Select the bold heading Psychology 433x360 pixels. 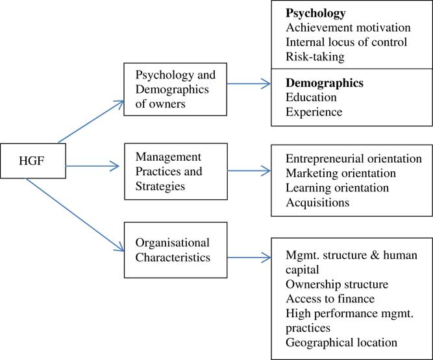pyautogui.click(x=316, y=13)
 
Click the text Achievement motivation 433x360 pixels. pyautogui.click(x=348, y=27)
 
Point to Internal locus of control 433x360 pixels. pyautogui.click(x=347, y=42)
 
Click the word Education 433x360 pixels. pyautogui.click(x=311, y=97)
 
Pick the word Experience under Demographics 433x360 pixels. pyautogui.click(x=314, y=112)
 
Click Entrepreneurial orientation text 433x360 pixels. pyautogui.click(x=353, y=159)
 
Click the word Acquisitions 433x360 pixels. pyautogui.click(x=317, y=202)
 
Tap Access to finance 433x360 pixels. pyautogui.click(x=328, y=298)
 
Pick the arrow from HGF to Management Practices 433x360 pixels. pyautogui.click(x=91, y=167)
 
